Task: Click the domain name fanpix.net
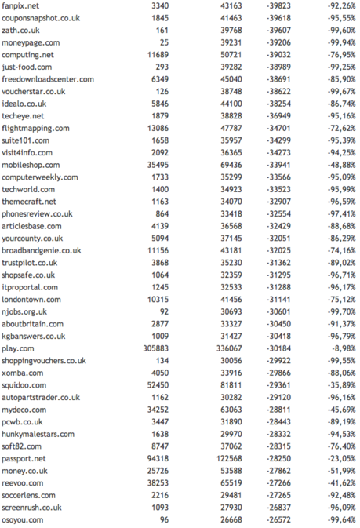(20, 5)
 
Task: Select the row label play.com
(17, 348)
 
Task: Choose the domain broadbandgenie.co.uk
(42, 250)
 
